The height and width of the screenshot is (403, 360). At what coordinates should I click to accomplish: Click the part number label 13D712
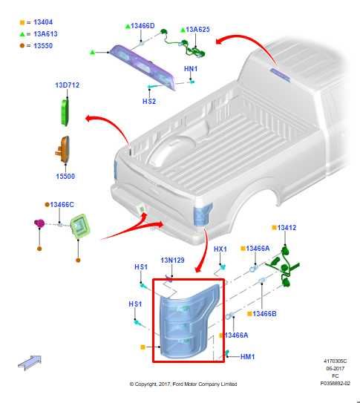pos(68,85)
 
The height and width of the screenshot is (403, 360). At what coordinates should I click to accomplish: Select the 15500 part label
pos(65,177)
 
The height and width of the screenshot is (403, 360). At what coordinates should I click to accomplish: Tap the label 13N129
pos(172,260)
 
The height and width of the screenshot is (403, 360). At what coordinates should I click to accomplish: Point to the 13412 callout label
pos(287,227)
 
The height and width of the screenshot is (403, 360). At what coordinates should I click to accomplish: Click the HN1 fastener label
pos(191,69)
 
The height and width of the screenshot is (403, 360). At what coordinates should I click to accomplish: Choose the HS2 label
pos(149,101)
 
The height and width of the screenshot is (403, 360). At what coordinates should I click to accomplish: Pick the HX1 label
pos(220,249)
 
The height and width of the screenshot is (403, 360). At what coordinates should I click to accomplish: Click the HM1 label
pos(247,357)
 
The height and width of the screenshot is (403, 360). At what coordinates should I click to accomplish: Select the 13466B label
pos(265,313)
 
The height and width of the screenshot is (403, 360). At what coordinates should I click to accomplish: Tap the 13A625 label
pos(198,29)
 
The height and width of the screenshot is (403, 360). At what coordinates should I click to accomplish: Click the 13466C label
pos(62,205)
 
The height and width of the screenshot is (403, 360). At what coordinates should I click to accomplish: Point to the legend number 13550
pos(43,45)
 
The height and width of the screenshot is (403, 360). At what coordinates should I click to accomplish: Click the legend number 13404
pos(43,22)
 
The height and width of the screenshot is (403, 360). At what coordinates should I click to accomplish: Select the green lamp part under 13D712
pos(65,113)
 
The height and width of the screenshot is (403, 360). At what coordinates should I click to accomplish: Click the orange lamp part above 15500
pos(63,150)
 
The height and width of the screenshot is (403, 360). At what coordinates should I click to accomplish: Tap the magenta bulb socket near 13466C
pos(39,223)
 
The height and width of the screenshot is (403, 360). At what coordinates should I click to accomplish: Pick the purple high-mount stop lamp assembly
pos(143,67)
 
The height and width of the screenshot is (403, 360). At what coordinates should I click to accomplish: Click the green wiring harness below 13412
pos(283,267)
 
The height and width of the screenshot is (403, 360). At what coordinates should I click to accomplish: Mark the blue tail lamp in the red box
pos(189,323)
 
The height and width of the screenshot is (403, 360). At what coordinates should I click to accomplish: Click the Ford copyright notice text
pos(183,384)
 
